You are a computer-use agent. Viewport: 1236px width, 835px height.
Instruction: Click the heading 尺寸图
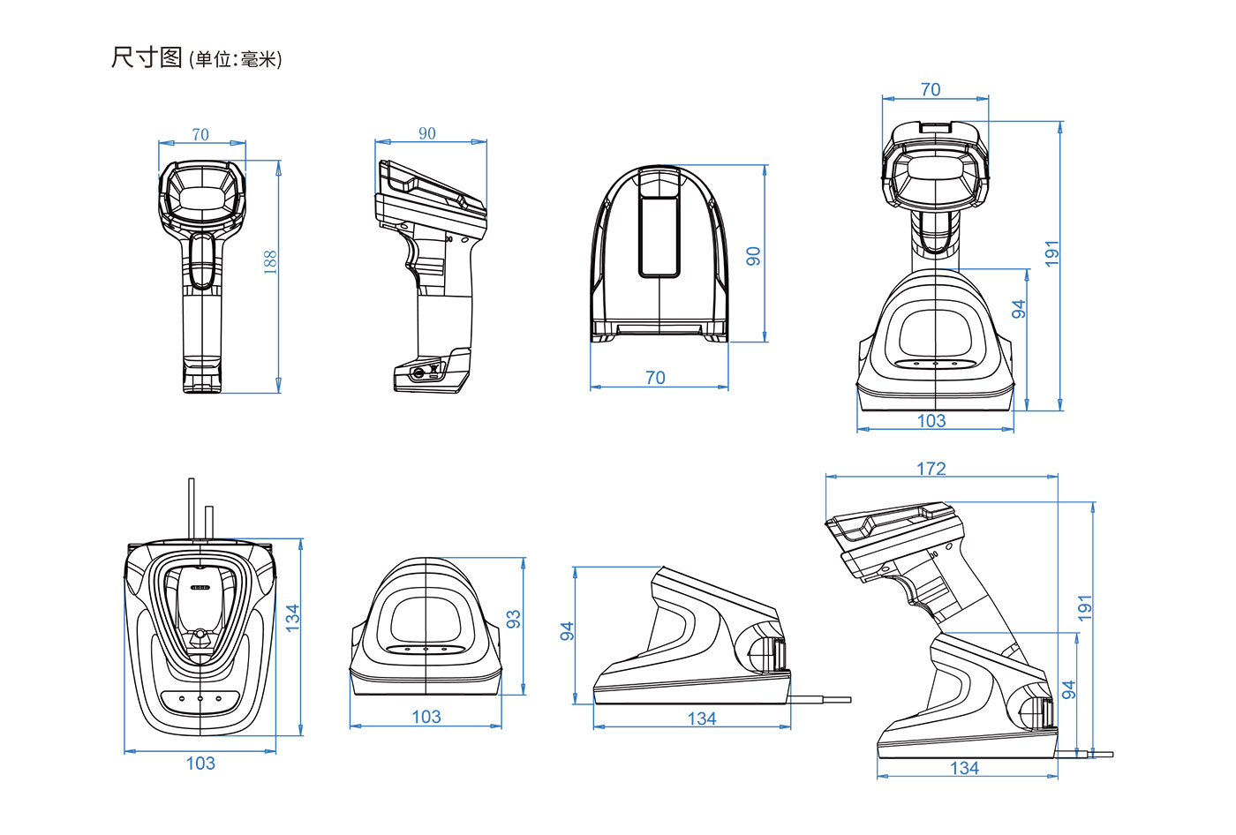(147, 57)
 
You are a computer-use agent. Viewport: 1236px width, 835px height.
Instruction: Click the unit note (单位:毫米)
(235, 59)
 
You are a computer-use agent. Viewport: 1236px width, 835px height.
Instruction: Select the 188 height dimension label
(270, 262)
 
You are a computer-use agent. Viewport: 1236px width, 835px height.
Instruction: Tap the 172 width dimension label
(931, 468)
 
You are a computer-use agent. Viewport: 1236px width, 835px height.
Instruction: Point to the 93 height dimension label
(513, 619)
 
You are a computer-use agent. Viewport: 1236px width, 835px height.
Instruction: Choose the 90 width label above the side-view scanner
(427, 133)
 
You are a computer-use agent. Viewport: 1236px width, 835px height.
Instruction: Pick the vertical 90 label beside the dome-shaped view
(753, 256)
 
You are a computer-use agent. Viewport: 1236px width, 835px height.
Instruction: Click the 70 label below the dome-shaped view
(655, 377)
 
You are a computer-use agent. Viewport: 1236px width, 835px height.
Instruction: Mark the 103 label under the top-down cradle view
(200, 763)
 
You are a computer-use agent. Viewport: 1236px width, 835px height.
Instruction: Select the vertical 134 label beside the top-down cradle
(292, 618)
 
